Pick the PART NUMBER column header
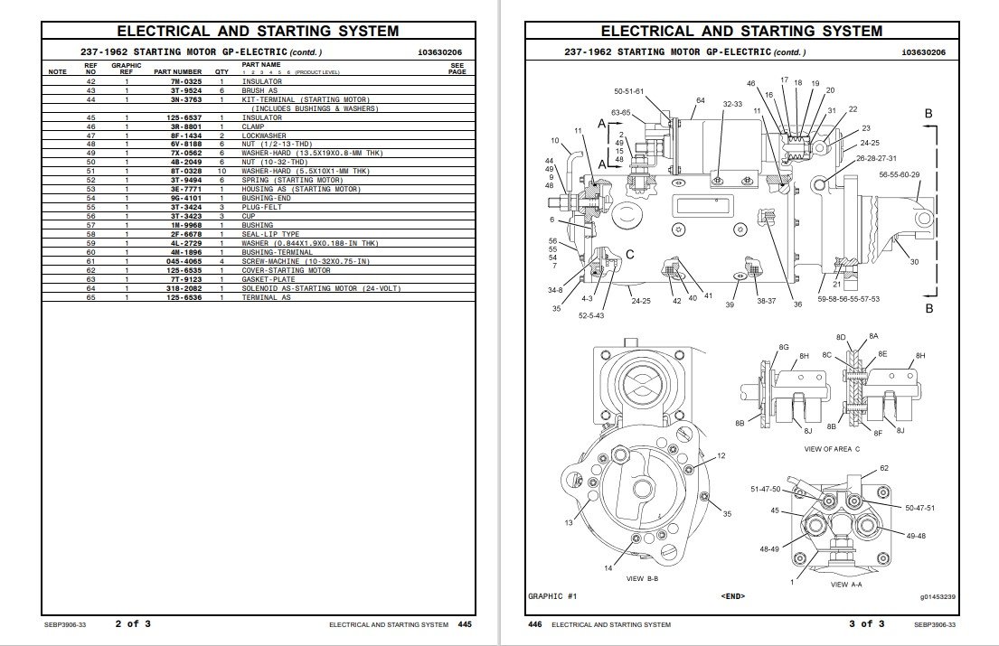pos(177,71)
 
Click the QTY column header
pos(221,71)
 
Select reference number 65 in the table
pos(90,297)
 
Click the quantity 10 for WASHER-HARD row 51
pos(221,171)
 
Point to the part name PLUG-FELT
pos(261,207)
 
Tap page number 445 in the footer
pos(465,624)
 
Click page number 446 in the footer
pos(534,624)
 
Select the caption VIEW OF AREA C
pos(832,448)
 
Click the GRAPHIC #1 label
pos(551,596)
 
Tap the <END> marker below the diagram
pos(733,596)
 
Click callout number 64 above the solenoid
pos(700,100)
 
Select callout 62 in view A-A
pos(884,468)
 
